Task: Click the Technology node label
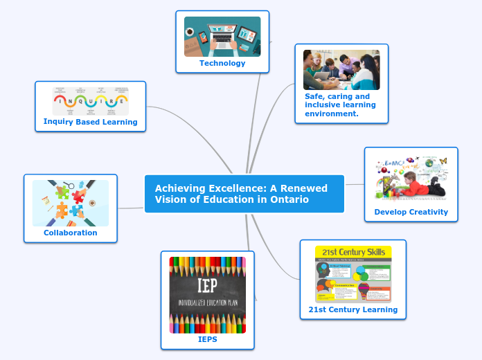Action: click(222, 63)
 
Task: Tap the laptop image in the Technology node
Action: click(222, 36)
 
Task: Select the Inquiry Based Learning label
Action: click(90, 122)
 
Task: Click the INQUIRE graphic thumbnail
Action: click(90, 100)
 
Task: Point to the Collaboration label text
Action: click(71, 233)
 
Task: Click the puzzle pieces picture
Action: click(71, 203)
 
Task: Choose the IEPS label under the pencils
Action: click(208, 339)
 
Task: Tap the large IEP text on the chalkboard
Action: click(208, 286)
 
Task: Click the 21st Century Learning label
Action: click(353, 309)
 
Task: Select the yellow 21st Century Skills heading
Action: click(353, 251)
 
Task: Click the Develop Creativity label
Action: click(411, 212)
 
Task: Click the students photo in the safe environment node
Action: click(341, 70)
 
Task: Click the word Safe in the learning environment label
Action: click(314, 96)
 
